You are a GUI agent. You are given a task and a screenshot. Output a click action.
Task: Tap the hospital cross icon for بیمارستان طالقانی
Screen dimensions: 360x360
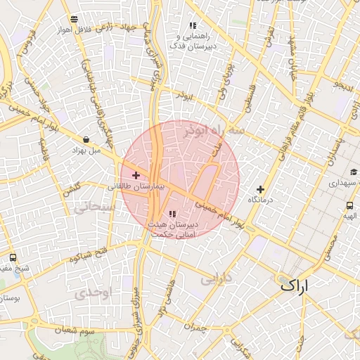point(136,175)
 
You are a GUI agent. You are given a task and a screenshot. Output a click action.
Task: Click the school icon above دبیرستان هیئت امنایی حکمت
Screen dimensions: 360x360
point(173,214)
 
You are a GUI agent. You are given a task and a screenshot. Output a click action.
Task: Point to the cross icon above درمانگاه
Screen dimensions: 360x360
point(260,188)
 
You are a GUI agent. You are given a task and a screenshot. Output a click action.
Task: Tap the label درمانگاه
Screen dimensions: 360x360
point(260,200)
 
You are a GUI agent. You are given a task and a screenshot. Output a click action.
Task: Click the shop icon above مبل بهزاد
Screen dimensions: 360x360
point(86,139)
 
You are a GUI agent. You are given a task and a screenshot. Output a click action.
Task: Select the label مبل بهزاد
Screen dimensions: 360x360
point(86,150)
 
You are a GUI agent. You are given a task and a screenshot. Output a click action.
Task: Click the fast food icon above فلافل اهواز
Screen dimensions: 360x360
point(75,19)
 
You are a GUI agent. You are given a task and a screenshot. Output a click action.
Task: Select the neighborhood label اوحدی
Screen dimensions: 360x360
point(91,291)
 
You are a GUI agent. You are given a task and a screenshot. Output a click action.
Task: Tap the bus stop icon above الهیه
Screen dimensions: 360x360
point(349,205)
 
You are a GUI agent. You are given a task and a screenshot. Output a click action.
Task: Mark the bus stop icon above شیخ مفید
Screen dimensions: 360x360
point(13,257)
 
